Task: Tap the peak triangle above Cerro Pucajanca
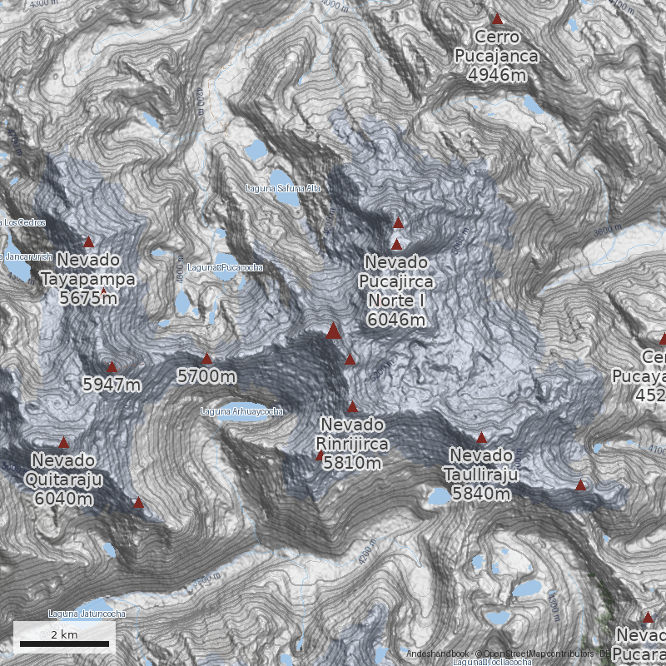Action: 498,19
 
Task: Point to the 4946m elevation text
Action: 498,76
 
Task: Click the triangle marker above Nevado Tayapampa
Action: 88,242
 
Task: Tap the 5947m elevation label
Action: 112,385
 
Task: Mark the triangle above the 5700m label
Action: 206,359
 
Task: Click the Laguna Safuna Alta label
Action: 283,188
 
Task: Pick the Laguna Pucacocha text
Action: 226,267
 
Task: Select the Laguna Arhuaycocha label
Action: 241,411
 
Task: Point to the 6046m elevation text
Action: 396,319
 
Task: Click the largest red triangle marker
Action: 333,331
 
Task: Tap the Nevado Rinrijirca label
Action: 352,434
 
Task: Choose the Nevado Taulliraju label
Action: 482,465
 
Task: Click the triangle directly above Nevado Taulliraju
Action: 480,437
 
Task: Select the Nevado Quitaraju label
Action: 64,470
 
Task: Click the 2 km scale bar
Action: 64,643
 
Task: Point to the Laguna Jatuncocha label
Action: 87,614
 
